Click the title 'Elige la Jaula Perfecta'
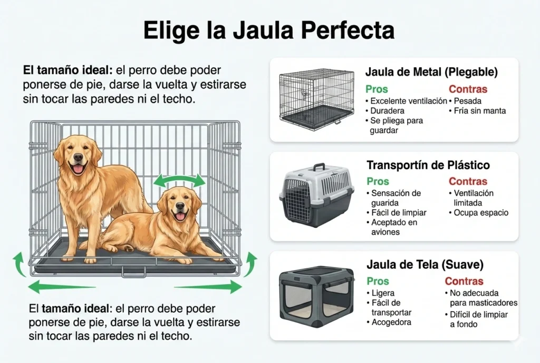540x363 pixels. pos(269,31)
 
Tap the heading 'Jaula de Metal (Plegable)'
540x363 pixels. pos(431,72)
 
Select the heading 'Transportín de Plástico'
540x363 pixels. pos(428,165)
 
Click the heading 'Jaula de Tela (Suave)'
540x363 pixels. pos(425,264)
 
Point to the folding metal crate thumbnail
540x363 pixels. pos(316,99)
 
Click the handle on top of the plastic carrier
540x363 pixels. pos(319,167)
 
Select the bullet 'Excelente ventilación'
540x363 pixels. pos(408,101)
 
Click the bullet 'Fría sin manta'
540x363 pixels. pos(479,111)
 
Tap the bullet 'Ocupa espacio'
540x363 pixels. pos(480,213)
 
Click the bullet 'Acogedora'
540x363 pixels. pos(391,322)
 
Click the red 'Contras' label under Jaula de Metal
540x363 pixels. pos(468,89)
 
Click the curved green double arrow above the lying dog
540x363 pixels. pos(179,181)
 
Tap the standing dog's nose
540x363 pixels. pos(78,157)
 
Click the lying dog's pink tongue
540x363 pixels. pos(180,217)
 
